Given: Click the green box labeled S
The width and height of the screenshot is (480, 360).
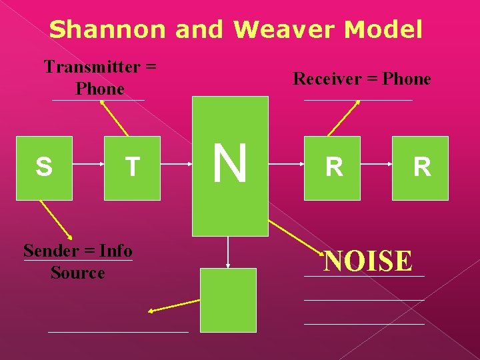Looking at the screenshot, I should pyautogui.click(x=44, y=168).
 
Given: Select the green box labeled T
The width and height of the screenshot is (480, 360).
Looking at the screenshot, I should pyautogui.click(x=132, y=168).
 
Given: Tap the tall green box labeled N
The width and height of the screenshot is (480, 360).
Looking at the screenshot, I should pyautogui.click(x=230, y=200).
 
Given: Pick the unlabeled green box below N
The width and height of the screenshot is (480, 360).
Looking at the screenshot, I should pyautogui.click(x=228, y=300).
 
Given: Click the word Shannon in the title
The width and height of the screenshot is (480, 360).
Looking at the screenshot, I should pyautogui.click(x=107, y=29).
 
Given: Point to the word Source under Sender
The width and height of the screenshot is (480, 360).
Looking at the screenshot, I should pyautogui.click(x=77, y=273).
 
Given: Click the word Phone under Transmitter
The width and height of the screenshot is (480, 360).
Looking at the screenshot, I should pyautogui.click(x=100, y=89).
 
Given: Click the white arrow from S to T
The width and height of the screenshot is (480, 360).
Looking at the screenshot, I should pyautogui.click(x=88, y=168).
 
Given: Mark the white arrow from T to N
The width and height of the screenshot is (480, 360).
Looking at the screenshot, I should pyautogui.click(x=176, y=168).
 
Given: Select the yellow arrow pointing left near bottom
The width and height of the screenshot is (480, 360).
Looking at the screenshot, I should pyautogui.click(x=173, y=305).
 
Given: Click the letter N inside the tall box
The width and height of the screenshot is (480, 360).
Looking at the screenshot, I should pyautogui.click(x=230, y=164).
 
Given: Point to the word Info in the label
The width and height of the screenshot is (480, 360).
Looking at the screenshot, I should pyautogui.click(x=116, y=251).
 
